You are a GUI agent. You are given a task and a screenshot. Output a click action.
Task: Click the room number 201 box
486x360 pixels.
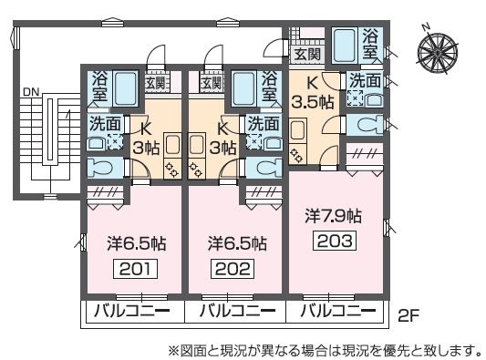click(136, 269)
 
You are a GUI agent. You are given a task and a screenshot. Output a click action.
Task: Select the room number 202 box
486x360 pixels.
click(233, 269)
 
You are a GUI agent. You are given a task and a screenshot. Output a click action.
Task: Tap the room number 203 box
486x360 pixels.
click(335, 241)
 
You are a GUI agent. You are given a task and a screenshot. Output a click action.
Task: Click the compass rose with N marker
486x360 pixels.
click(438, 50)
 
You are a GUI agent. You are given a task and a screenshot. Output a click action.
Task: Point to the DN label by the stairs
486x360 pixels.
click(31, 92)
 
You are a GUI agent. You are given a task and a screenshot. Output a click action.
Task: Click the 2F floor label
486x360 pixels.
click(408, 315)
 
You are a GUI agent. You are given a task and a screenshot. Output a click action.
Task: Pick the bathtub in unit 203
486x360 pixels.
click(345, 46)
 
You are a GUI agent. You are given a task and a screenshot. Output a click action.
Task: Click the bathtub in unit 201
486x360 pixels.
click(125, 88)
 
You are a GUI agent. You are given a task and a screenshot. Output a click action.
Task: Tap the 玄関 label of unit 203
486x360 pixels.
click(307, 55)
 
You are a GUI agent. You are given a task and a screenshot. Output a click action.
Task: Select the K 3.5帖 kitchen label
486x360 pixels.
click(313, 93)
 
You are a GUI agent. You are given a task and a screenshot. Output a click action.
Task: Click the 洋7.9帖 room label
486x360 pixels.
click(334, 216)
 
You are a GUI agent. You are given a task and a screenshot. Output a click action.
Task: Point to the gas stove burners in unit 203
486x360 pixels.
click(295, 155)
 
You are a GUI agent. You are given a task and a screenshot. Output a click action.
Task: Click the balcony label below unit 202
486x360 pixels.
click(237, 310)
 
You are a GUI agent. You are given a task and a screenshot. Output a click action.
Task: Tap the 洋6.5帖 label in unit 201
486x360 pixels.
click(137, 243)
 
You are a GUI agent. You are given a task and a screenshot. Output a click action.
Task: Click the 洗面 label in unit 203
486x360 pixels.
click(366, 80)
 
